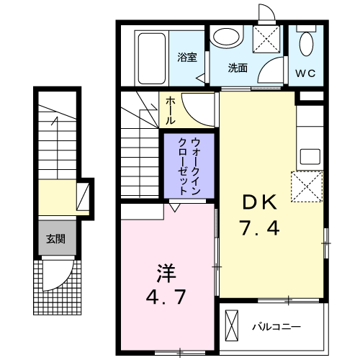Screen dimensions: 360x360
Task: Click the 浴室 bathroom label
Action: [x=187, y=57]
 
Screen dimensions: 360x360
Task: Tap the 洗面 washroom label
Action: [x=238, y=68]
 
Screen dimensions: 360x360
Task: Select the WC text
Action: [x=305, y=73]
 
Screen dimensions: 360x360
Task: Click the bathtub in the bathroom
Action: [x=152, y=58]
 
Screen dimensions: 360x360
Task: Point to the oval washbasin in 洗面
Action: [x=226, y=38]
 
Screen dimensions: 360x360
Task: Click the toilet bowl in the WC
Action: [x=307, y=45]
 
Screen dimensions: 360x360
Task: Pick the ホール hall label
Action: [x=170, y=110]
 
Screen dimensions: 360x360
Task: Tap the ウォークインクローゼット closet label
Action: [x=189, y=166]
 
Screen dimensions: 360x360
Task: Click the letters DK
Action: [x=260, y=202]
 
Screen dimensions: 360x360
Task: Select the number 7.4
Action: [x=260, y=228]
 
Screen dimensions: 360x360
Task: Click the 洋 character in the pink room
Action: [x=166, y=273]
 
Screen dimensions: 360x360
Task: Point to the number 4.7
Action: [x=166, y=297]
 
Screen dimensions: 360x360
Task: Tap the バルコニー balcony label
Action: [x=276, y=327]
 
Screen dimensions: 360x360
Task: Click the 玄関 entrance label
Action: [x=55, y=239]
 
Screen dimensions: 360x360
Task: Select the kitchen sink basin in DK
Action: [x=310, y=157]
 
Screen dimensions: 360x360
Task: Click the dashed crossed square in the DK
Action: [x=307, y=186]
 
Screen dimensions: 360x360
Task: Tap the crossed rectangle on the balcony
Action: [x=232, y=325]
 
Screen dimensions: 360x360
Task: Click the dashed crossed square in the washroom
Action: [x=267, y=39]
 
